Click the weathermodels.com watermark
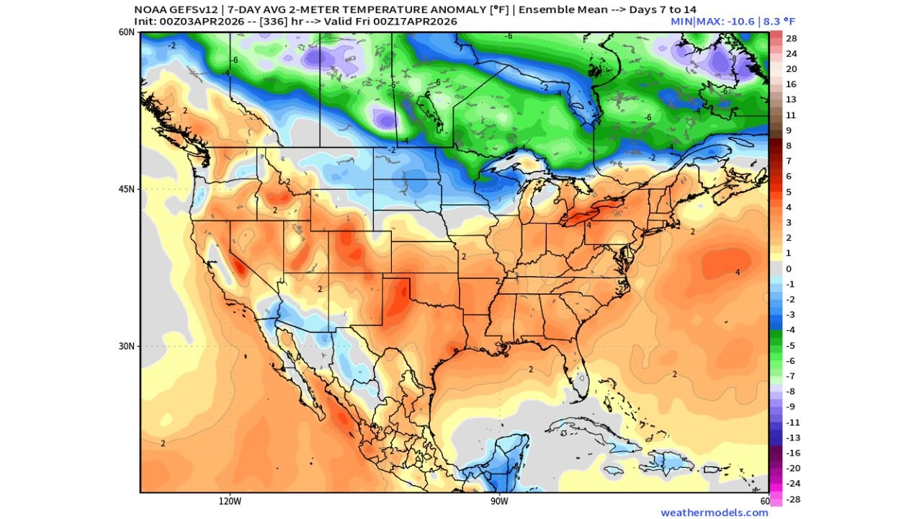[714, 513]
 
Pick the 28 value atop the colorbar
[791, 38]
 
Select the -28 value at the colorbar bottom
[791, 499]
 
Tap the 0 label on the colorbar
[789, 269]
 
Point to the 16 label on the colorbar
[791, 84]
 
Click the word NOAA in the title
[149, 9]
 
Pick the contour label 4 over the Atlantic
[737, 272]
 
